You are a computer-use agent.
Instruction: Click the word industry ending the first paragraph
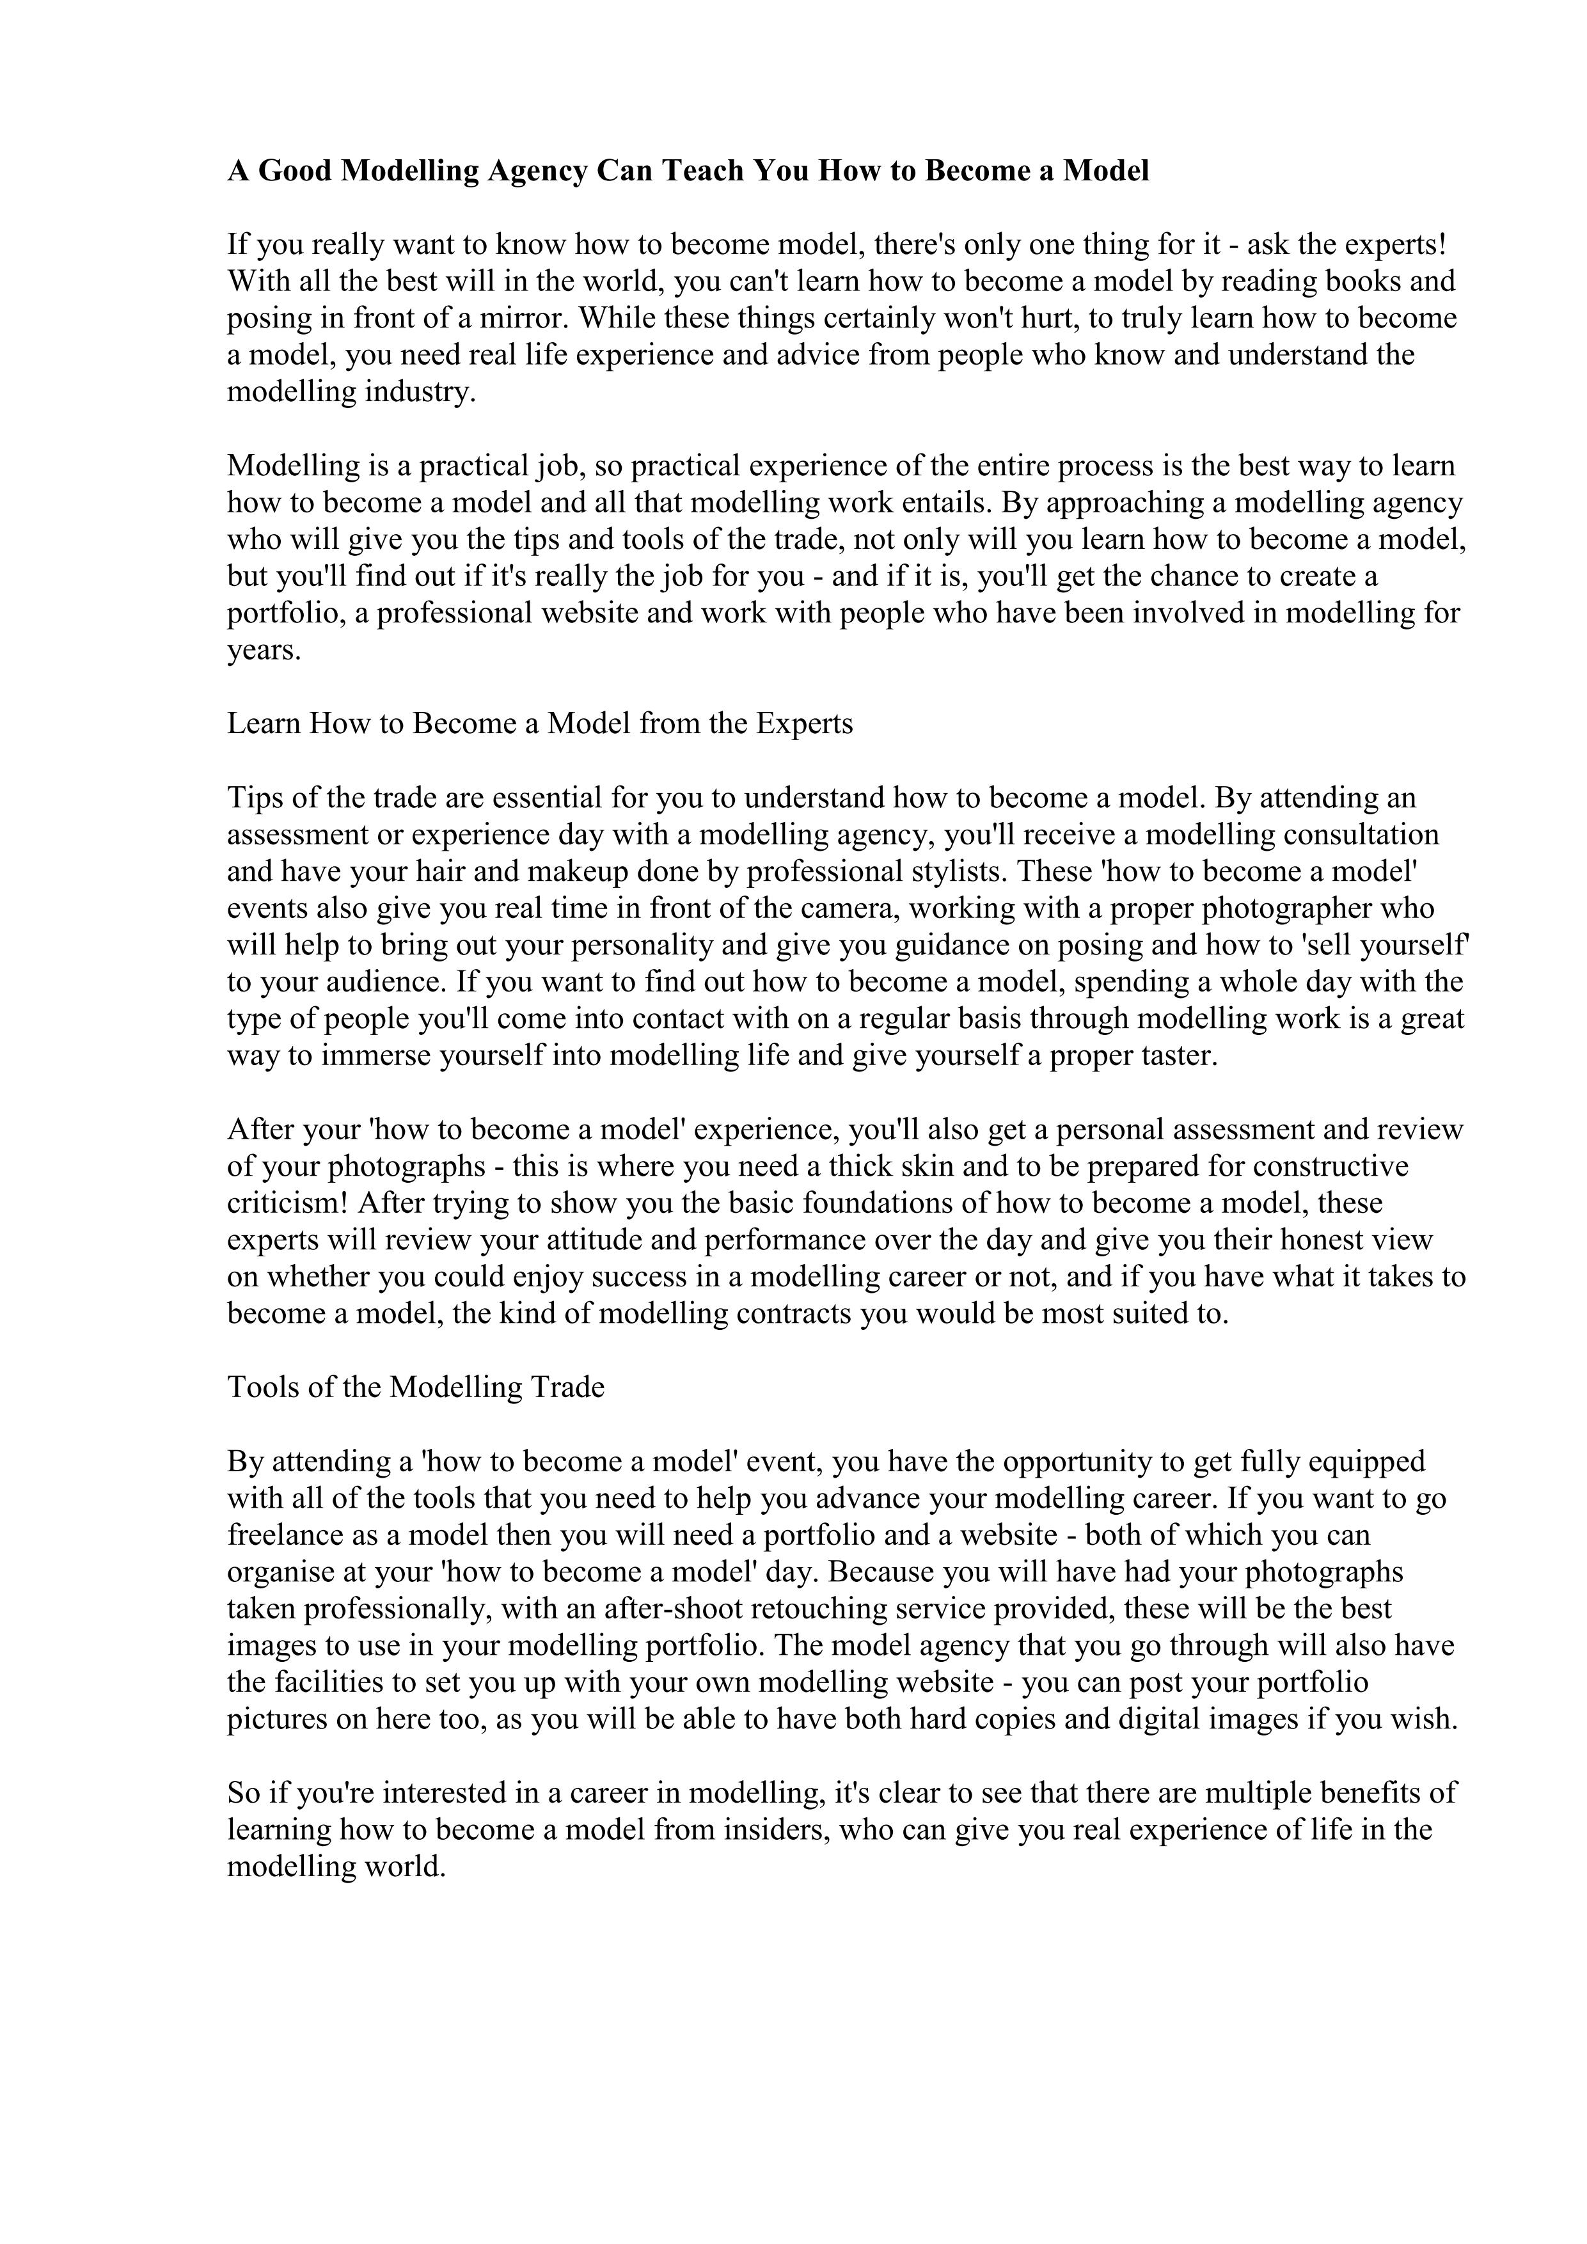click(x=418, y=392)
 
